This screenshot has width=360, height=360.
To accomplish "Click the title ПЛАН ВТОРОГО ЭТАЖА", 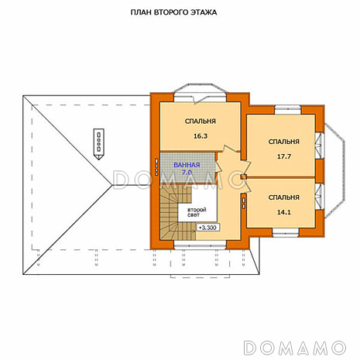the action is point(173,12).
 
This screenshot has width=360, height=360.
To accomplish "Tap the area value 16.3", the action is point(201,136).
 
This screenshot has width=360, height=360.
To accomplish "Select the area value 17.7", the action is point(284,156).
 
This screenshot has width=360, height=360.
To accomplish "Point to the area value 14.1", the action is point(284,212).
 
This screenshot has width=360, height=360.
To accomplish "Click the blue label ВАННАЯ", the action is point(187,165).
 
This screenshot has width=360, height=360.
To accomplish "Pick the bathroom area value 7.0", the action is point(187,173).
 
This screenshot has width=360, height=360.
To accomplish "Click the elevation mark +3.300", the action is point(208,228).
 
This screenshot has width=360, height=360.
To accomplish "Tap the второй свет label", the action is point(197,212).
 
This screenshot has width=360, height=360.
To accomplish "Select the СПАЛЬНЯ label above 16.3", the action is point(201,122).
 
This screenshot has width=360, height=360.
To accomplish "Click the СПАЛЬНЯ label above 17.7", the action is point(284,142).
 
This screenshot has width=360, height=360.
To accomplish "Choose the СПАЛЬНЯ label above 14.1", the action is point(284,197).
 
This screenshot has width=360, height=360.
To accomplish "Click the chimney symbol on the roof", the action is point(98,144).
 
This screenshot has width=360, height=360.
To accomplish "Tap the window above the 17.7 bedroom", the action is point(287,109).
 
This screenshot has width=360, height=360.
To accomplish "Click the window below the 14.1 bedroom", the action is point(286,233).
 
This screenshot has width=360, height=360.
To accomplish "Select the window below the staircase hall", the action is point(201,245).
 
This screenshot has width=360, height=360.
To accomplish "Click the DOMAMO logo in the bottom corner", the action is point(295,348).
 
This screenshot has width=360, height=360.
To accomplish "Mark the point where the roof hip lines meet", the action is point(112,185).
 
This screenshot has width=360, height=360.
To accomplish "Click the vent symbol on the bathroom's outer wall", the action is point(156,167).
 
